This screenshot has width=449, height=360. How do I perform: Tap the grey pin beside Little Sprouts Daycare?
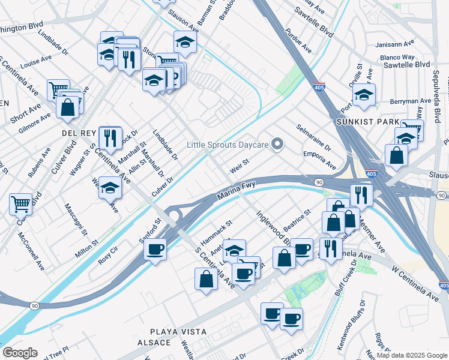pos(277,144)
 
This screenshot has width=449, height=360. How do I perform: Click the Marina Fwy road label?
pos(237,190)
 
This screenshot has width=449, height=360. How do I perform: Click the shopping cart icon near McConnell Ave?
pos(20,204)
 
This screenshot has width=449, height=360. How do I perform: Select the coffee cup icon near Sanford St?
pos(155,248)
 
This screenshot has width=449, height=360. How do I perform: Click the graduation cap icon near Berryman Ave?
pos(364,94)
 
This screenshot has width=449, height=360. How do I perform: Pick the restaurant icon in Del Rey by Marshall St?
pos(110,137)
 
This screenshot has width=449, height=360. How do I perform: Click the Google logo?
pos(19,353)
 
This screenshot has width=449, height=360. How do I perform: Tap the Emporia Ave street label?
pos(319,158)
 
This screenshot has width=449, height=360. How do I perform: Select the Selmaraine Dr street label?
pos(313,137)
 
